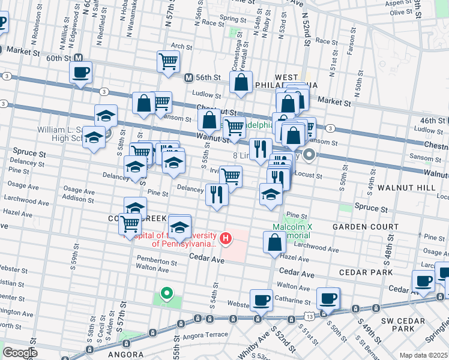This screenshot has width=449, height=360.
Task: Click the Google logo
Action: (19, 353)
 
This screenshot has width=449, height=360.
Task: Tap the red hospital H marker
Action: (226, 239)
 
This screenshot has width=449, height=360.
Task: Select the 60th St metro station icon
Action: (78, 58)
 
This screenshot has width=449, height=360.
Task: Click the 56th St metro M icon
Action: (188, 77)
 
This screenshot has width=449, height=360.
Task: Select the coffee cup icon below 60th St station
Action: (80, 73)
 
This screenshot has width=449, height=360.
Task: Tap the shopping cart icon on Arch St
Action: (169, 60)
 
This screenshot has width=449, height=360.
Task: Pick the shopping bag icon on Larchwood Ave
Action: (274, 242)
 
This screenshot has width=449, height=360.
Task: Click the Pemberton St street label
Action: (157, 262)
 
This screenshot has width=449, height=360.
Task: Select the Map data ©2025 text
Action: (424, 355)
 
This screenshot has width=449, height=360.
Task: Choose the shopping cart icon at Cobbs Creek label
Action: (130, 224)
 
